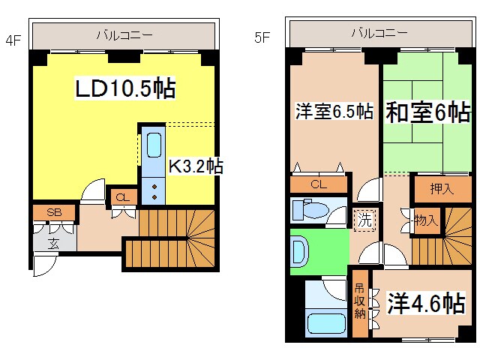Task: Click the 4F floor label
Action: coord(13,40)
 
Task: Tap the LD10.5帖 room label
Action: coord(125,88)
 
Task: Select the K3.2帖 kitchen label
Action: coord(194,166)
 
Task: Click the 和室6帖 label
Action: coord(428,112)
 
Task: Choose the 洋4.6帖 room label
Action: coord(425,304)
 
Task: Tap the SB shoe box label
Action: coord(54,212)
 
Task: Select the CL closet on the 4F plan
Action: coord(123,197)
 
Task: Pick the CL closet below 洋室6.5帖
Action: coord(318,184)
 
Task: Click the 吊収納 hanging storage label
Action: coord(359,300)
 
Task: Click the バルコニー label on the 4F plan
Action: coord(124,34)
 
